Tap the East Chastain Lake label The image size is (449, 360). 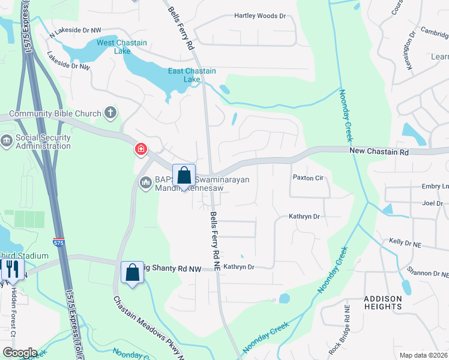pyautogui.click(x=192, y=75)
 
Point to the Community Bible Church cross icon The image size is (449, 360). pyautogui.click(x=110, y=112)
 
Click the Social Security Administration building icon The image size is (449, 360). pyautogui.click(x=7, y=141)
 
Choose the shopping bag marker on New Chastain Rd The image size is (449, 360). pyautogui.click(x=184, y=176)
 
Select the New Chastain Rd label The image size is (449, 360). pyautogui.click(x=379, y=152)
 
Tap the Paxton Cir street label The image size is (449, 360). pyautogui.click(x=308, y=178)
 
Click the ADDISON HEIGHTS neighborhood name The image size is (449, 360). pyautogui.click(x=382, y=302)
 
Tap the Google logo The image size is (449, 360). pyautogui.click(x=20, y=353)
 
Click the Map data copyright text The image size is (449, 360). pyautogui.click(x=423, y=355)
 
